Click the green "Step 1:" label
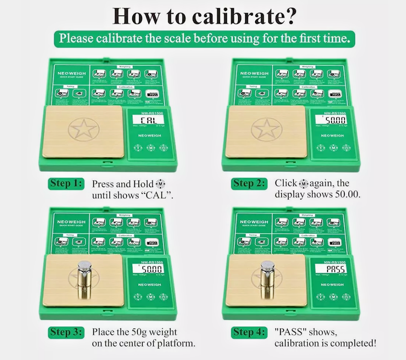(66, 183)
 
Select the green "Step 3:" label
(67, 332)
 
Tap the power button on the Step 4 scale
(346, 297)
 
